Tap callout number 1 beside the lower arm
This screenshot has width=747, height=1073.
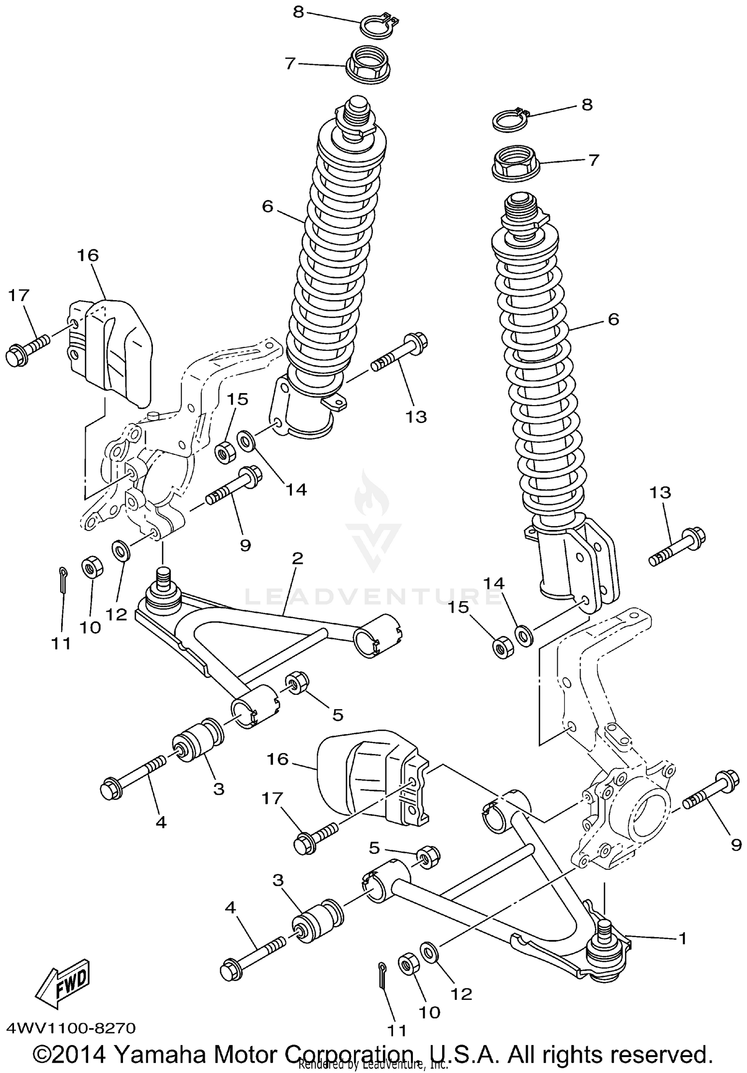pos(682,939)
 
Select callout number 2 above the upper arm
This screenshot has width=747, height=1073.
pos(297,558)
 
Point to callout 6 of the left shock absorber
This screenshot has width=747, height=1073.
pos(268,206)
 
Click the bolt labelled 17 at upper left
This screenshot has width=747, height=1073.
pos(27,350)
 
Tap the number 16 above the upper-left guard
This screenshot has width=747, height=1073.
pos(88,255)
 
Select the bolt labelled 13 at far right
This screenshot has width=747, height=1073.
pos(677,546)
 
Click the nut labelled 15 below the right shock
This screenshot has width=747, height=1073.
pos(502,647)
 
